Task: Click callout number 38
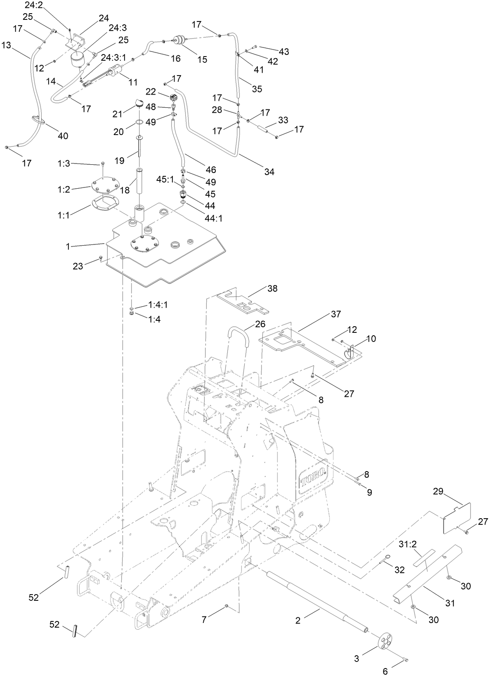[x=272, y=288]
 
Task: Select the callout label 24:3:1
[x=113, y=58]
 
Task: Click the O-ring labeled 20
[x=139, y=122]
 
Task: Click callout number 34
[x=269, y=171]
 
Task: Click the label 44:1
[x=214, y=218]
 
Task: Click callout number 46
[x=211, y=170]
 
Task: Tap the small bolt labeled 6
[x=406, y=661]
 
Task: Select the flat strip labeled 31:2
[x=425, y=563]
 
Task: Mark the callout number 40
[x=63, y=136]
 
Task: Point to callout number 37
[x=335, y=314]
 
